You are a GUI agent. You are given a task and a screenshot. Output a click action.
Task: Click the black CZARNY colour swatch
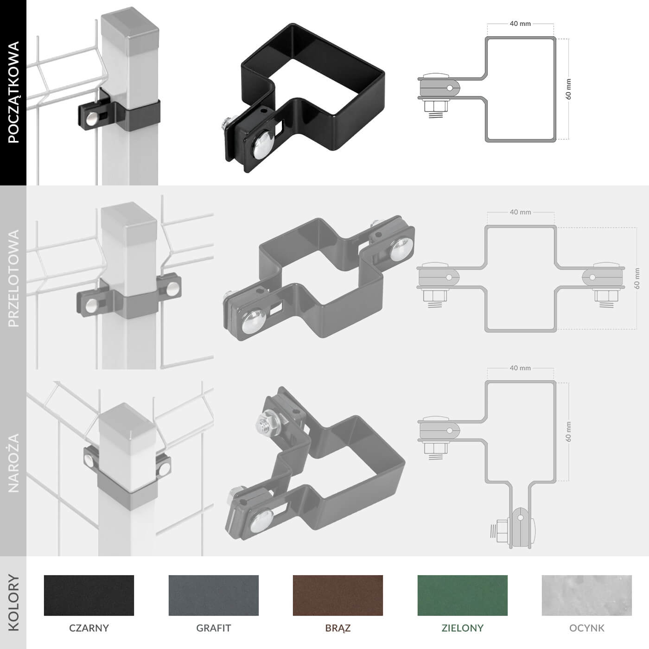[89, 595]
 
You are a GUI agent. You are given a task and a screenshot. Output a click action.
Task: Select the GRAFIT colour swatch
[214, 595]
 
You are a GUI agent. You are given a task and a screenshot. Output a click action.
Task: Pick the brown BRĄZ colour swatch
[338, 595]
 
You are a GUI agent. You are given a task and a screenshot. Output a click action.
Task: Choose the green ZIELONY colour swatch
[463, 595]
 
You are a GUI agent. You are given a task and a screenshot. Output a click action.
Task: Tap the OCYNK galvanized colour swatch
[587, 595]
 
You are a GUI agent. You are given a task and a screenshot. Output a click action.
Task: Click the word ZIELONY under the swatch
[463, 628]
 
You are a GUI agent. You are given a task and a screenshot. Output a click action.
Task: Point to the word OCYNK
[587, 628]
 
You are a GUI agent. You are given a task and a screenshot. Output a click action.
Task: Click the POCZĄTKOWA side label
[13, 92]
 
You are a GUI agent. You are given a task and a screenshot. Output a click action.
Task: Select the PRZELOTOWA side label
[13, 278]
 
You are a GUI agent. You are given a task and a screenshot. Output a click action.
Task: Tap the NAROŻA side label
[13, 463]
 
